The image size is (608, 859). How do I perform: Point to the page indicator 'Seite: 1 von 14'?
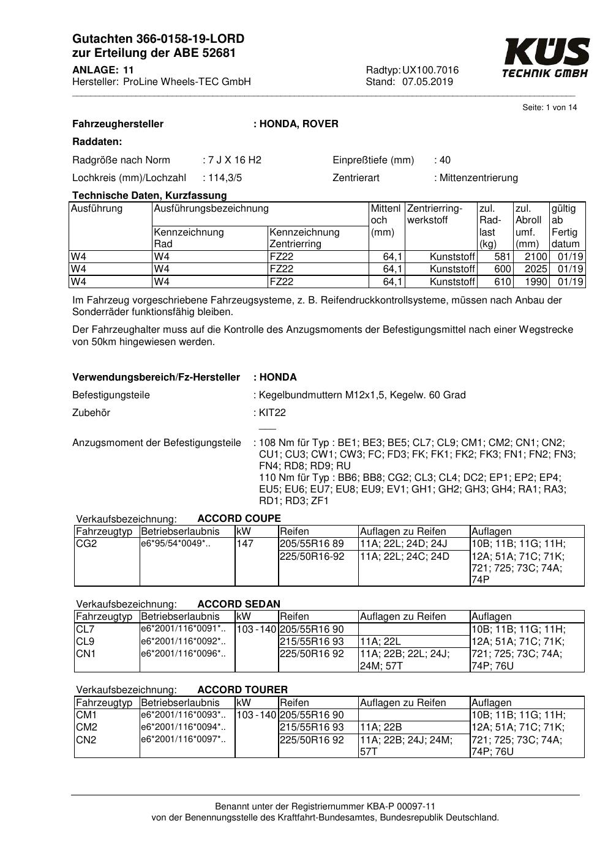click(549, 108)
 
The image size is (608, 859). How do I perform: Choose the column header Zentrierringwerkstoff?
click(435, 214)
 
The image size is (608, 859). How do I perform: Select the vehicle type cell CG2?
click(87, 544)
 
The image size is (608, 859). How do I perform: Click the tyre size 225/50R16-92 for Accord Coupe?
click(312, 557)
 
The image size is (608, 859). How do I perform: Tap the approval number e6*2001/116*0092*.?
click(183, 642)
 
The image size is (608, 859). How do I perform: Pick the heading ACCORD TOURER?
click(242, 690)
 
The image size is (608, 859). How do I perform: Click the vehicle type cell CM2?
click(87, 727)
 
